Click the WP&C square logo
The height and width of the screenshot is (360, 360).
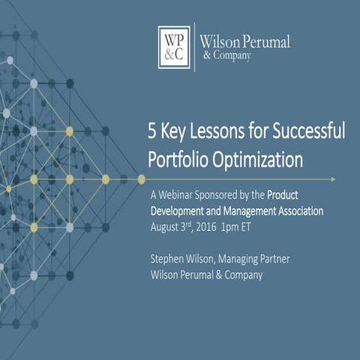(x=175, y=46)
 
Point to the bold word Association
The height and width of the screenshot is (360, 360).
(x=295, y=211)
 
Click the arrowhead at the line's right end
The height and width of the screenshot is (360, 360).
(x=332, y=178)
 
